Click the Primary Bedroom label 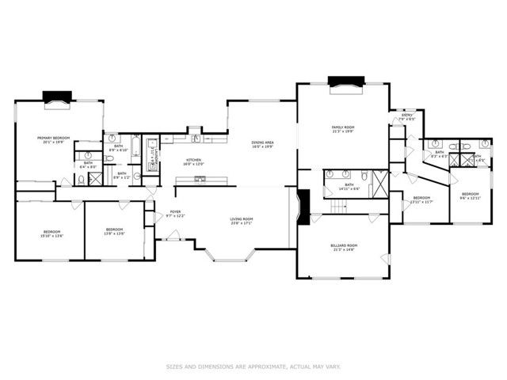coord(55,139)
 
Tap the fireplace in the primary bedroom coord(57,97)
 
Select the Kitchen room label coord(193,162)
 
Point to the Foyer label coord(175,213)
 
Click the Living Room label coord(241,221)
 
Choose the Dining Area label coord(261,144)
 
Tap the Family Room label coord(342,128)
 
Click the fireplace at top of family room coord(346,81)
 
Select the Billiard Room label coord(344,248)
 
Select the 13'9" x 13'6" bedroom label coord(114,233)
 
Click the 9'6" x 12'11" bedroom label coord(471,196)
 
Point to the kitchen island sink coord(200,180)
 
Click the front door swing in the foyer coord(172,234)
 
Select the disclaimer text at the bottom coord(253,367)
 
